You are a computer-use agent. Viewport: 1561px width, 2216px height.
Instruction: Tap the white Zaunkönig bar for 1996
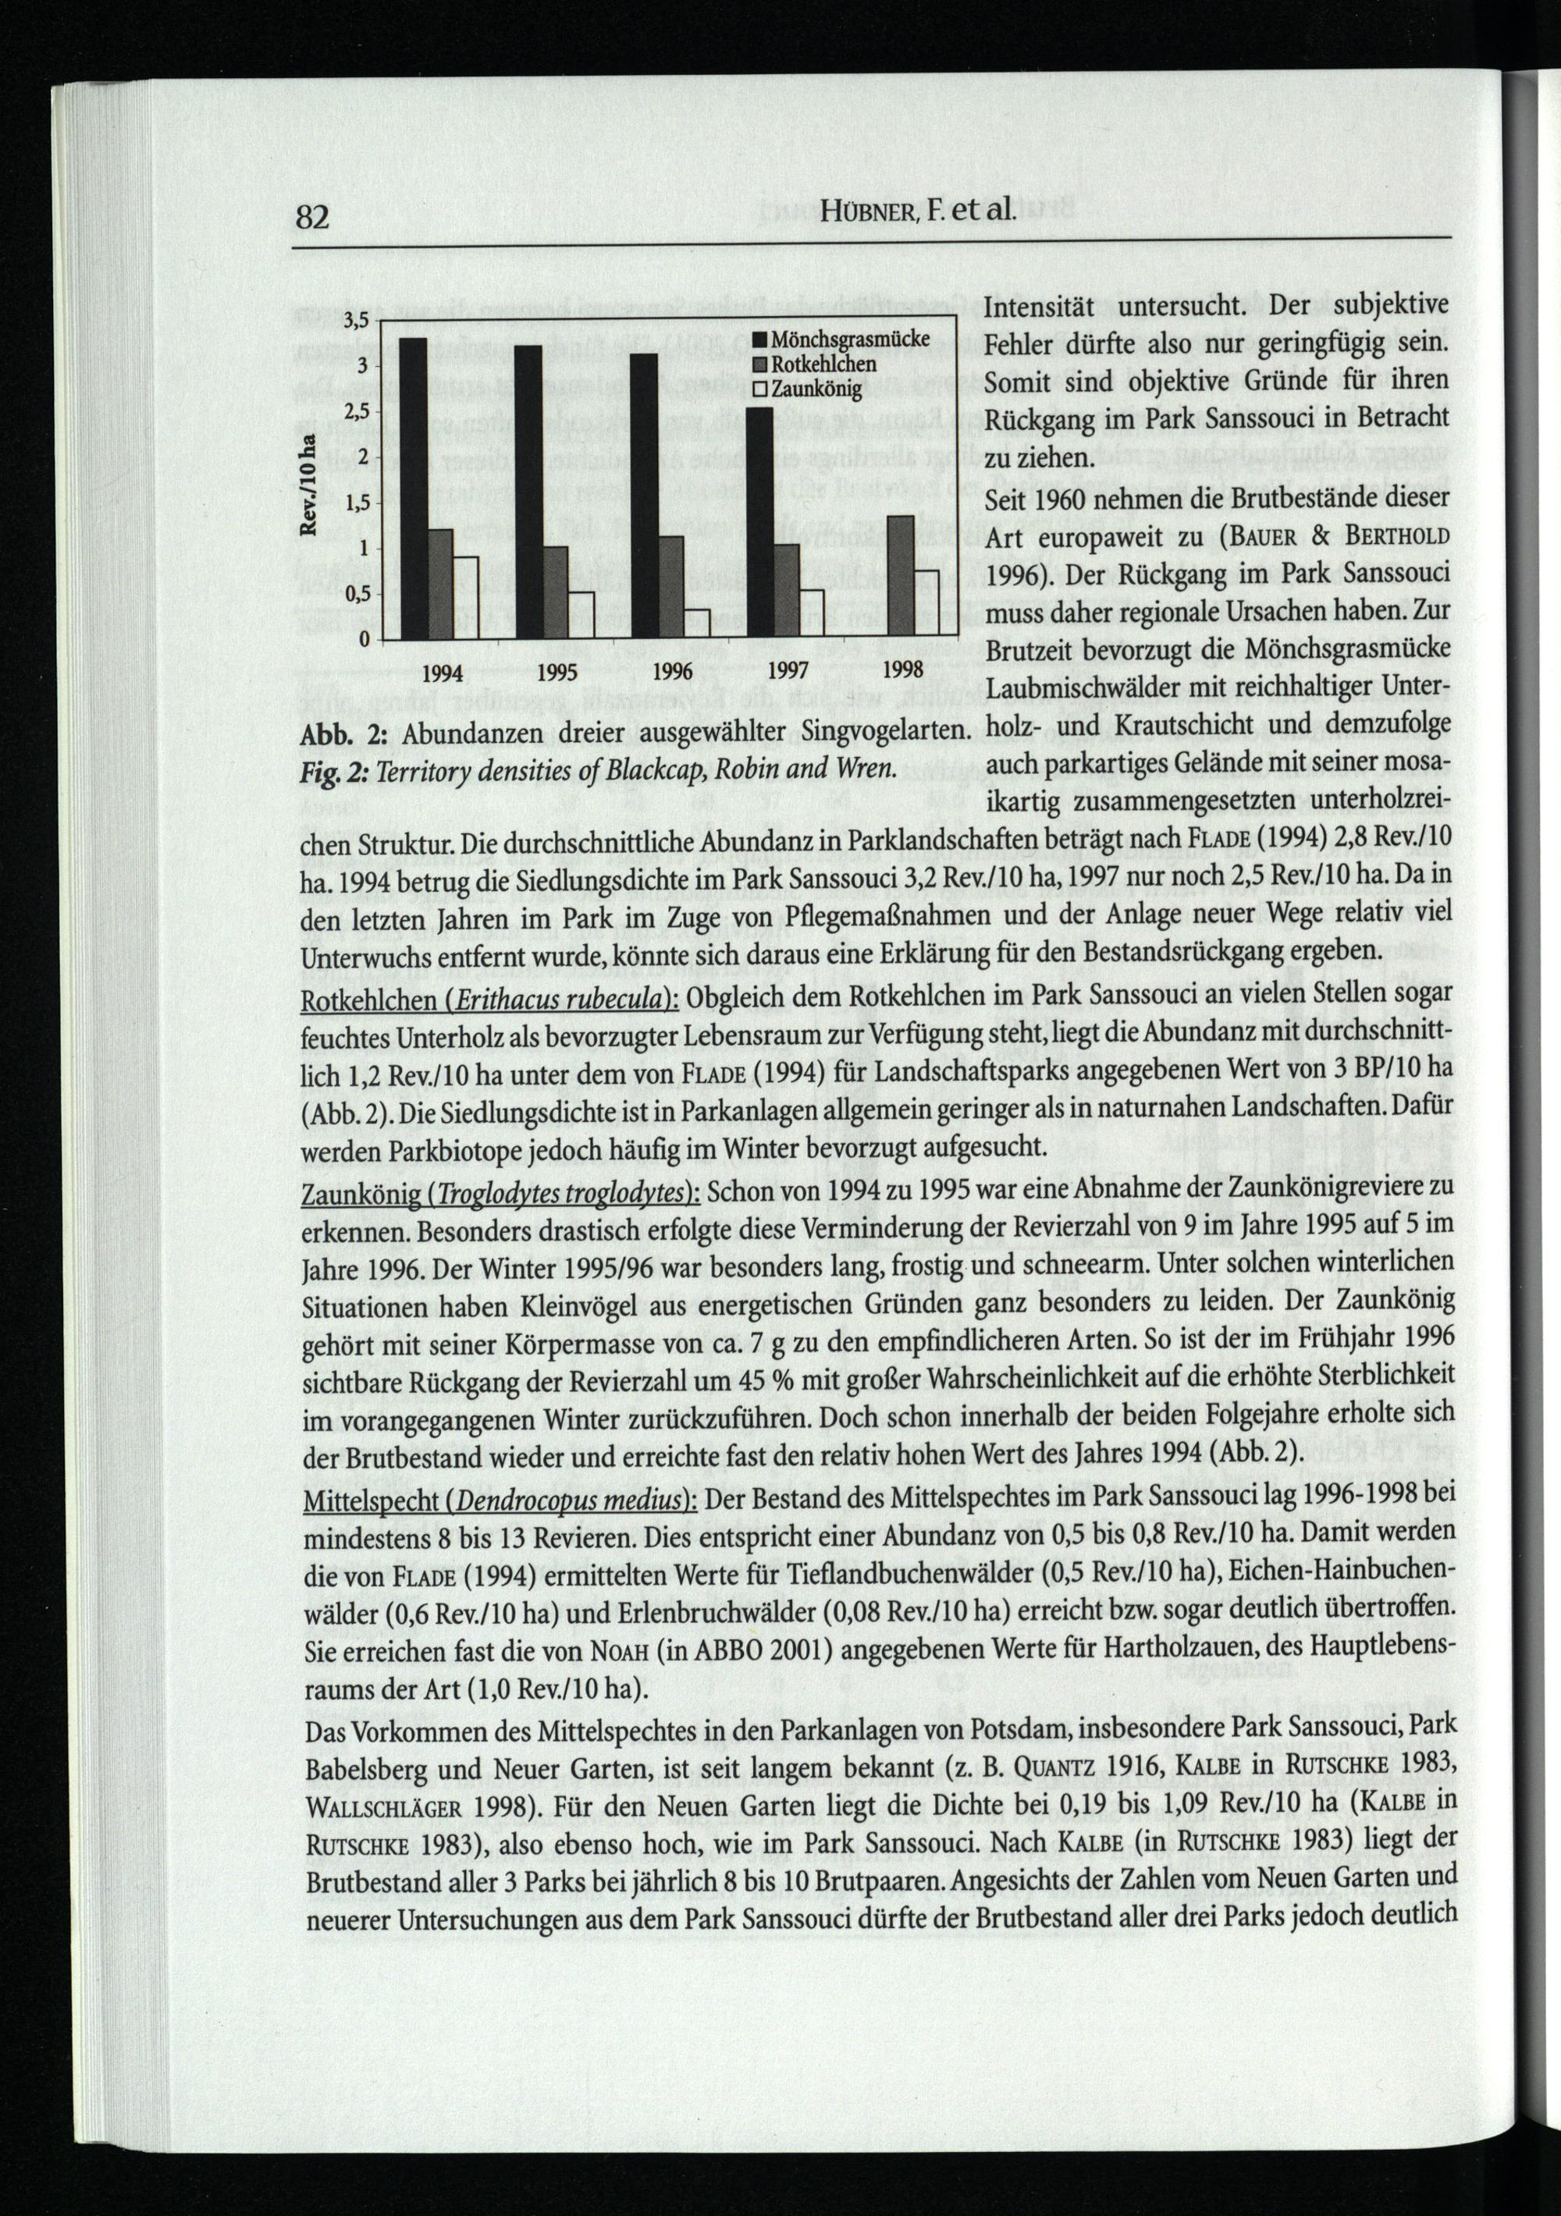(x=698, y=623)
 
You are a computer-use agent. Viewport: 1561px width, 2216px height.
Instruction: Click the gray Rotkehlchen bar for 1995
(x=555, y=592)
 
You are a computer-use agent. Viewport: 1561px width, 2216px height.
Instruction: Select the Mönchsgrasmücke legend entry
(x=848, y=339)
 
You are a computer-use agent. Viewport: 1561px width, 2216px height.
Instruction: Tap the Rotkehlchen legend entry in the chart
(x=822, y=365)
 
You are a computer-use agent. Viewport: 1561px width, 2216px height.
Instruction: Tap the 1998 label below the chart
(x=904, y=669)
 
